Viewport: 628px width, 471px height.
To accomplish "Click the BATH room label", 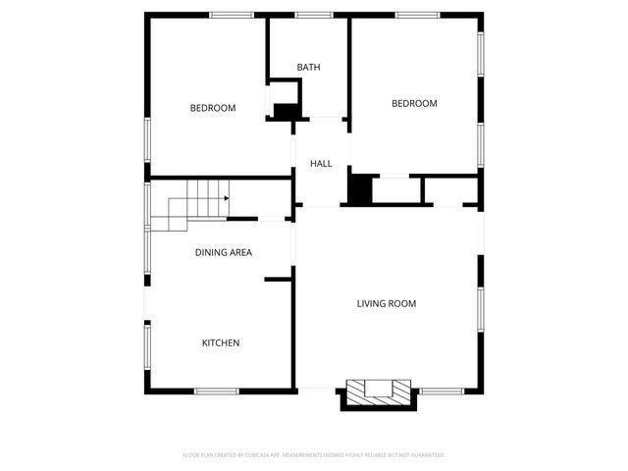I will click(x=309, y=68).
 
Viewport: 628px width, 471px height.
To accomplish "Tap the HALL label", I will click(x=321, y=164).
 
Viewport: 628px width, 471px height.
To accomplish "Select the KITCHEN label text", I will click(x=221, y=343).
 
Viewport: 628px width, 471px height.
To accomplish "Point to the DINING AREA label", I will click(x=224, y=253).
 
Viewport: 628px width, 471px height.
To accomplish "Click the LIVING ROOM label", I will click(x=386, y=304).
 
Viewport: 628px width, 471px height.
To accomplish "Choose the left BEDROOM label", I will click(x=213, y=108).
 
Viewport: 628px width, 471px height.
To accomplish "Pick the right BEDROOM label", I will click(x=414, y=104).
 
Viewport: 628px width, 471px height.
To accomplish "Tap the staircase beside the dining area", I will click(x=191, y=205).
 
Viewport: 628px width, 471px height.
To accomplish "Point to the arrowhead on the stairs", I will click(x=227, y=198).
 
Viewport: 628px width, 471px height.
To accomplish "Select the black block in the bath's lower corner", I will click(x=286, y=112).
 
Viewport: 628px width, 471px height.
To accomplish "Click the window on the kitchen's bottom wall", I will click(x=217, y=392).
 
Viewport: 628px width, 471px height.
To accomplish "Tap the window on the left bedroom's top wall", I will click(x=232, y=15).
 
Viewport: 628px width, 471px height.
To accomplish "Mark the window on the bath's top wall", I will click(x=312, y=15).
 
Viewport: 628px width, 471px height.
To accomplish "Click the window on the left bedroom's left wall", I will click(x=147, y=138).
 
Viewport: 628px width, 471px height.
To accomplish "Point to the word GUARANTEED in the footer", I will click(x=427, y=455).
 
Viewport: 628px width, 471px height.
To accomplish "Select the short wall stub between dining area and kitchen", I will click(x=279, y=280).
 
